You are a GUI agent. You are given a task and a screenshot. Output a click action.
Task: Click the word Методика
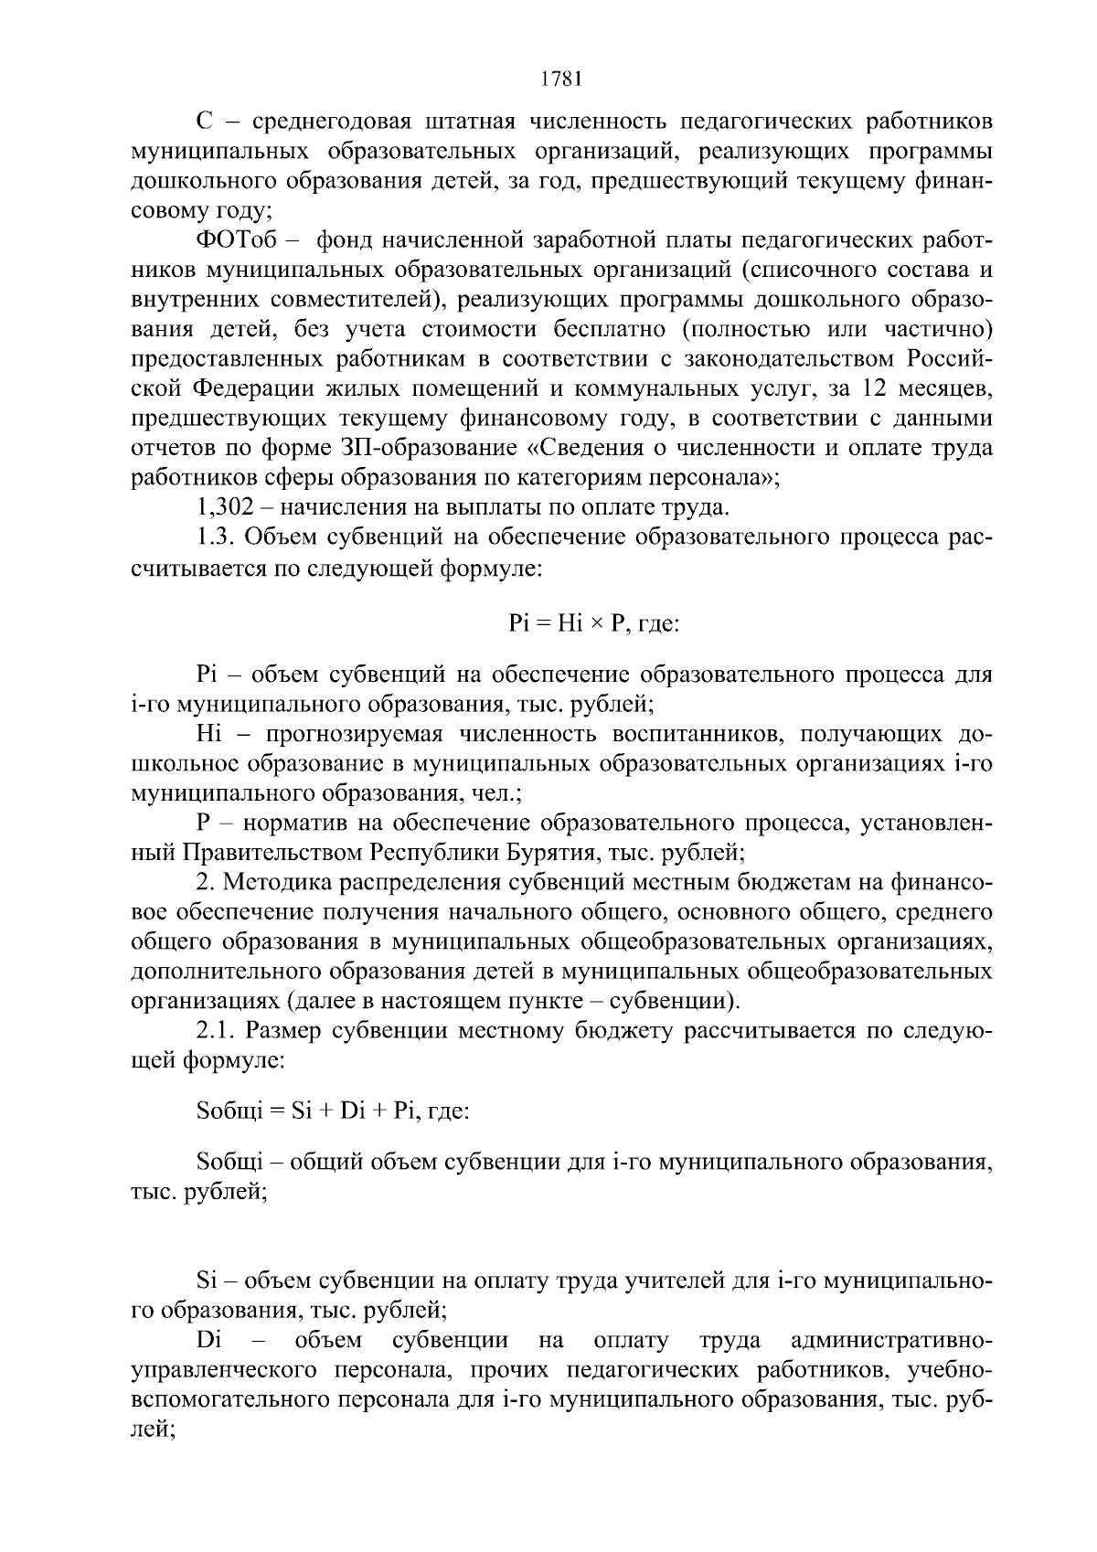click(x=274, y=882)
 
